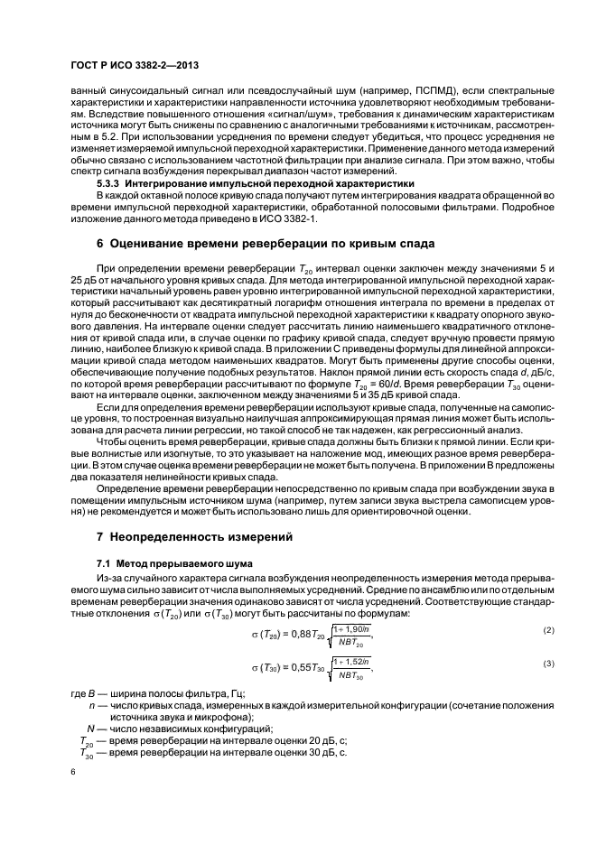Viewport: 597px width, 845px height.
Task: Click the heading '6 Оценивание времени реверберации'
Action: pyautogui.click(x=266, y=244)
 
